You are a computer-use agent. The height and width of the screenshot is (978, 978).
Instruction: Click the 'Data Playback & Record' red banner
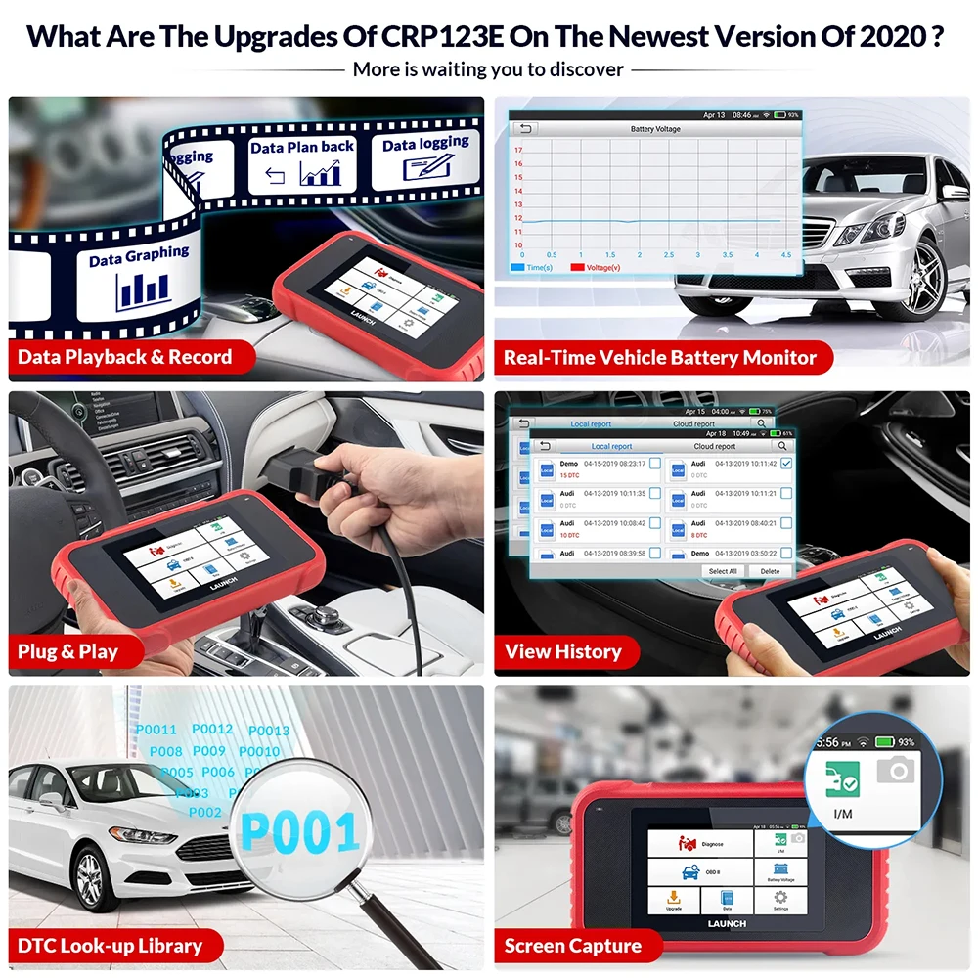coord(125,357)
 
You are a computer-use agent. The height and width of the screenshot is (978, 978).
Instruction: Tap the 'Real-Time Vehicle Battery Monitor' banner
coord(659,358)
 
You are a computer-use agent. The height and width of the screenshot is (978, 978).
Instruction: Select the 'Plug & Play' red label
coord(67,651)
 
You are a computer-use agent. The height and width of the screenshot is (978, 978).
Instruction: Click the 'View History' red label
coord(562,651)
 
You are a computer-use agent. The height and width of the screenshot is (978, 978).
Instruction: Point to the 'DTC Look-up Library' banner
coord(110,946)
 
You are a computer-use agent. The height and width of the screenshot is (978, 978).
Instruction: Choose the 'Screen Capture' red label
coord(572,946)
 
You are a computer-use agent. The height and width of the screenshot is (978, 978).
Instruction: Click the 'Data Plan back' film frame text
coord(302,147)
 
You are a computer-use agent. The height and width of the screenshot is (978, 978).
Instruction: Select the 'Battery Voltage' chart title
coord(655,129)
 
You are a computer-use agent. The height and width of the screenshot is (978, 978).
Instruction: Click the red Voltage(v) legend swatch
coord(577,267)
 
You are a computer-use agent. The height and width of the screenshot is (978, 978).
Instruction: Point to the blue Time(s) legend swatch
coord(517,267)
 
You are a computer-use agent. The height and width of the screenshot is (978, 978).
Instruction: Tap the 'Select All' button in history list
coord(723,571)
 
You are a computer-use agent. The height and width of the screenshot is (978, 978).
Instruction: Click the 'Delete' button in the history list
coord(770,571)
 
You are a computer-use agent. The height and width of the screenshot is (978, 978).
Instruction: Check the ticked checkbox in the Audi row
coord(786,464)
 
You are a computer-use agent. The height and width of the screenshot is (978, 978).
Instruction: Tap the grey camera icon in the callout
coord(895,771)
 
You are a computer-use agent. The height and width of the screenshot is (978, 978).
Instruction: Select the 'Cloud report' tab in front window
coord(714,446)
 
